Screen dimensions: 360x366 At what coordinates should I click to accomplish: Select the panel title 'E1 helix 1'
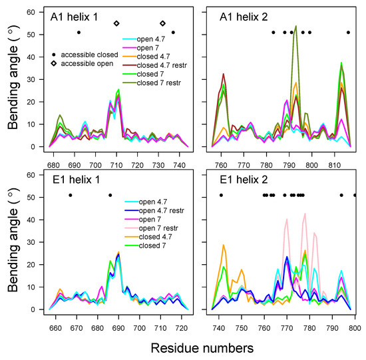point(75,180)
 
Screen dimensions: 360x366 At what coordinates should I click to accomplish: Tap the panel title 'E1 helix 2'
point(237,180)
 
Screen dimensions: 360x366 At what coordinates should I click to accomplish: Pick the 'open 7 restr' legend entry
point(150,228)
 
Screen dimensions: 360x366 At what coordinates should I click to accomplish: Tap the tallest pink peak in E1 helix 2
point(305,214)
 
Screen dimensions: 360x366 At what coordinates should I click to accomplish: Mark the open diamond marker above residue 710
point(116,23)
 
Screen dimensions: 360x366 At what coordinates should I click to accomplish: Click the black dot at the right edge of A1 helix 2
point(348,32)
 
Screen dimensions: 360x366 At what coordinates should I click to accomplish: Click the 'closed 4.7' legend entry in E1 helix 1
point(150,237)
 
